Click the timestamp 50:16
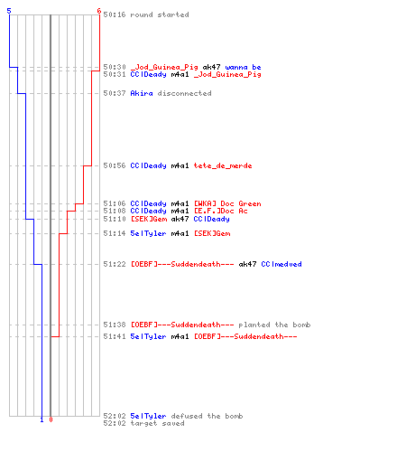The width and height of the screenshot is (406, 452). coord(115,14)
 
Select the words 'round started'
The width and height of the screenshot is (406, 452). coord(160,14)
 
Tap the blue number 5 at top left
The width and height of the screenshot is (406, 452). coord(9,11)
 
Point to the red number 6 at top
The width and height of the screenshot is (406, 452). coord(98,11)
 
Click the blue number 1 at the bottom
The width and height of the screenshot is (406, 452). coord(42,419)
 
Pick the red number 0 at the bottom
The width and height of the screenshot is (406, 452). coord(51,419)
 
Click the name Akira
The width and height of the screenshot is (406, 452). coord(142,93)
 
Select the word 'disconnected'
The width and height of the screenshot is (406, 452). coord(184,93)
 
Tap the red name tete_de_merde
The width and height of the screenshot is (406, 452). coord(223,165)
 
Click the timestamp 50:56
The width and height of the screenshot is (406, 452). coord(115,165)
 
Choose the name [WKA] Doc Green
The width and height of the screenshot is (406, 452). coord(227,203)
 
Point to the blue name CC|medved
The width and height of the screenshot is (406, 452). coord(281,264)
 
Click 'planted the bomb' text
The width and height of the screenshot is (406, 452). coord(274,325)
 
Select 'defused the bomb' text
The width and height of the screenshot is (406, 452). coord(207,416)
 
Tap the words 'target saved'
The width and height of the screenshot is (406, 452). coord(157,423)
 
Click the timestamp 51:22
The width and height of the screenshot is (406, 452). coord(115,264)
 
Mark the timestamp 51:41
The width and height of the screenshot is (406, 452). coord(115,336)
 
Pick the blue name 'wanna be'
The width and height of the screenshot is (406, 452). coord(243,67)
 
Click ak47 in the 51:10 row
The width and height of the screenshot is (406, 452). coord(180,219)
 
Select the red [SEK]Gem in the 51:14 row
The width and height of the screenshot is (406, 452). coord(212,233)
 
